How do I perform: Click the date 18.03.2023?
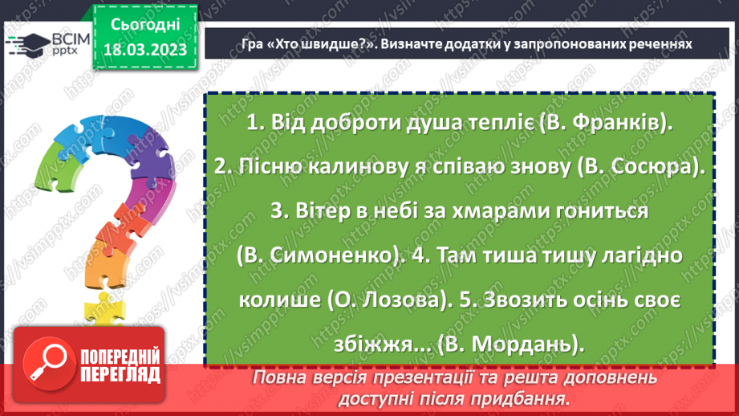(145, 50)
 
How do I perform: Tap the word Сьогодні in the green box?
(144, 24)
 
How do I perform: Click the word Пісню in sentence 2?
(255, 167)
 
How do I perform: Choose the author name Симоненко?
(338, 255)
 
